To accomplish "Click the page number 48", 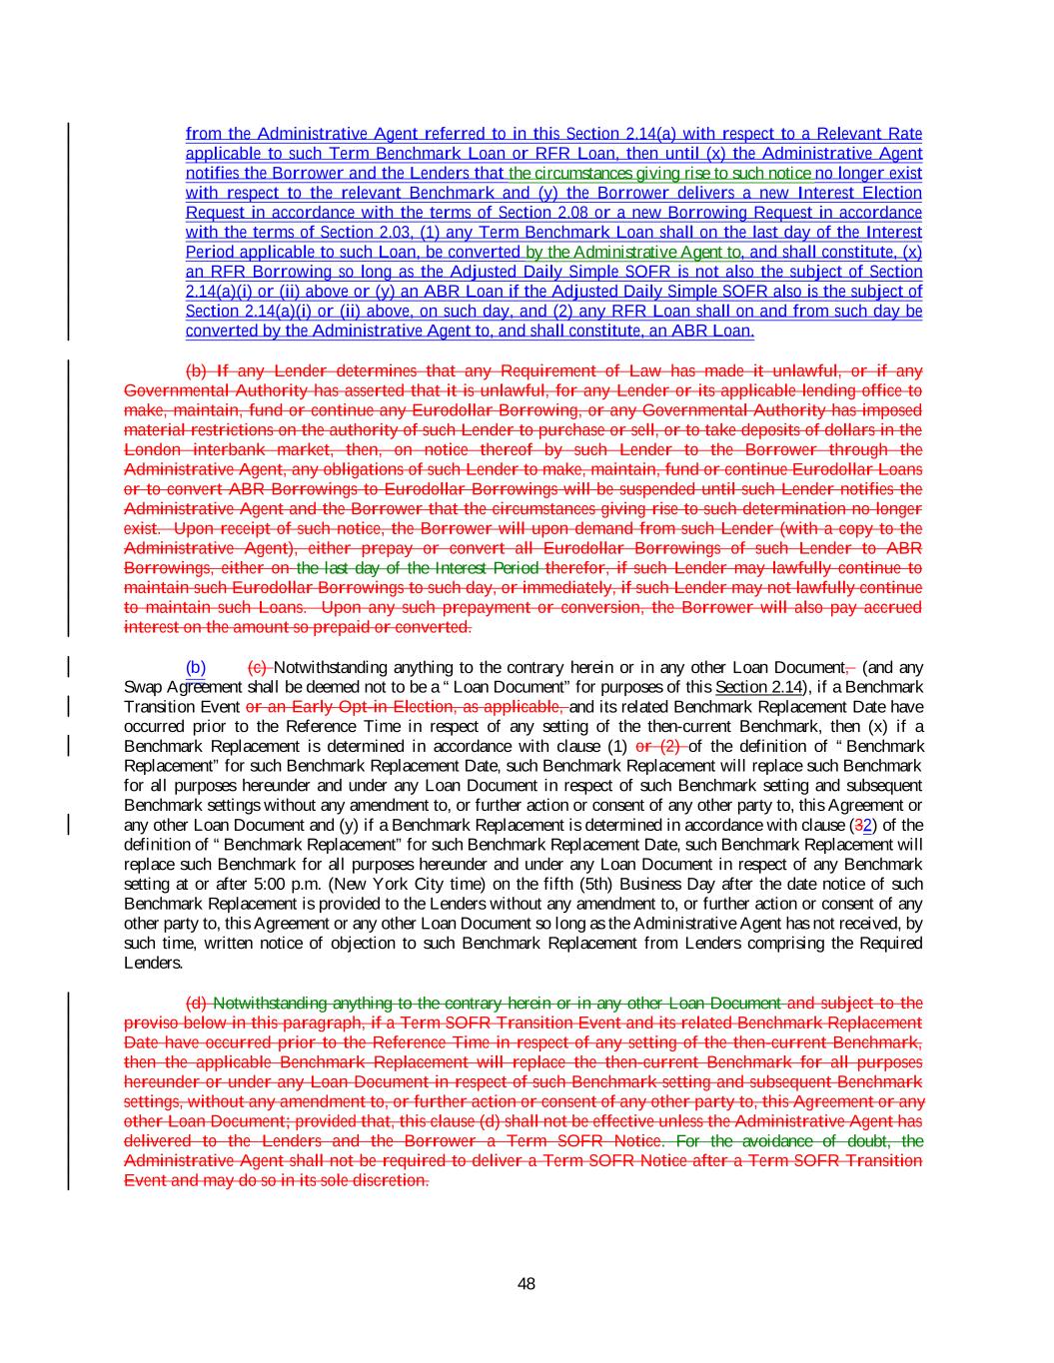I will [x=527, y=1283].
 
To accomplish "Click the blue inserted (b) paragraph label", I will [x=196, y=667].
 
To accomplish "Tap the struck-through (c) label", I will [x=258, y=667].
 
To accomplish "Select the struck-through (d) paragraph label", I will [x=197, y=1003].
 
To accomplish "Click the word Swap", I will [x=142, y=687].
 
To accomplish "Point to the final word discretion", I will [x=394, y=1180].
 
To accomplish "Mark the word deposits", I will [x=784, y=429].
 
